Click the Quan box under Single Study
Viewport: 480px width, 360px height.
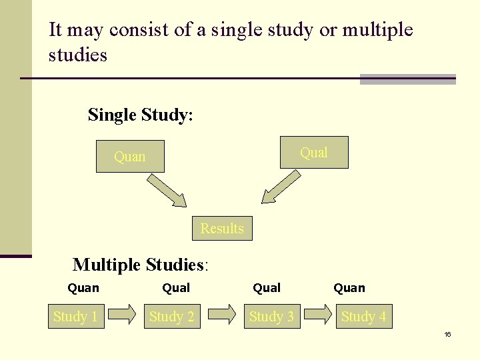coord(130,157)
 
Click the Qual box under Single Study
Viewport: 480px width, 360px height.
coord(314,153)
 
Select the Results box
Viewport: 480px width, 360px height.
coord(222,229)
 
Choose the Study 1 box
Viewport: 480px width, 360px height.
coord(75,317)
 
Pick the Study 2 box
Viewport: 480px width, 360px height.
coord(171,317)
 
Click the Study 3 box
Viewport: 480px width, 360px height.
coord(271,317)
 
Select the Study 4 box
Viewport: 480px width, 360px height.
coord(363,317)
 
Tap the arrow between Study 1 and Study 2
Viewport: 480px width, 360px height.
coord(123,315)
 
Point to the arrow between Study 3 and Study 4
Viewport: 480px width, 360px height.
coord(319,315)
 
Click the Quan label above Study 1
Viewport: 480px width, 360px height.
coord(83,288)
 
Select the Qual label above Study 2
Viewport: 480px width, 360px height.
coord(176,288)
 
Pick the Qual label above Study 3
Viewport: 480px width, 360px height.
coord(267,288)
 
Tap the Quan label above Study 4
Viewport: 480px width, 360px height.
coord(349,288)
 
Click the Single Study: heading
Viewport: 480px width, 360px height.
coord(141,115)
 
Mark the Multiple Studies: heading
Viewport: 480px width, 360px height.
coord(141,265)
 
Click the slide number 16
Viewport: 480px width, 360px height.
coord(447,334)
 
